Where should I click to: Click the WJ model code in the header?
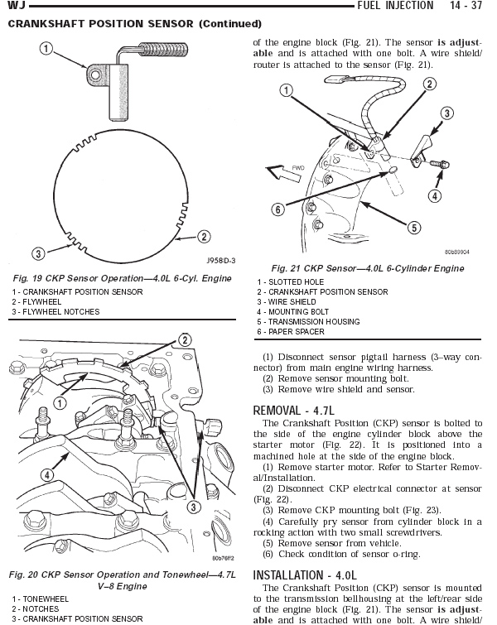15,6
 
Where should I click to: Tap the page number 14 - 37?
466,6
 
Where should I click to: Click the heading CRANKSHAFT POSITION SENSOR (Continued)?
134,23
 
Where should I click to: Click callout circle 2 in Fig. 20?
185,340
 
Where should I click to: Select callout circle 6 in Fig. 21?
278,209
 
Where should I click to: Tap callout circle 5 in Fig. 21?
413,226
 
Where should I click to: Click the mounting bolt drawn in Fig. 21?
441,165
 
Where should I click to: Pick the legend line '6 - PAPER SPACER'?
290,332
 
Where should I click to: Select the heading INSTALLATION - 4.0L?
304,575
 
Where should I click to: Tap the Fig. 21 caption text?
368,268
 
